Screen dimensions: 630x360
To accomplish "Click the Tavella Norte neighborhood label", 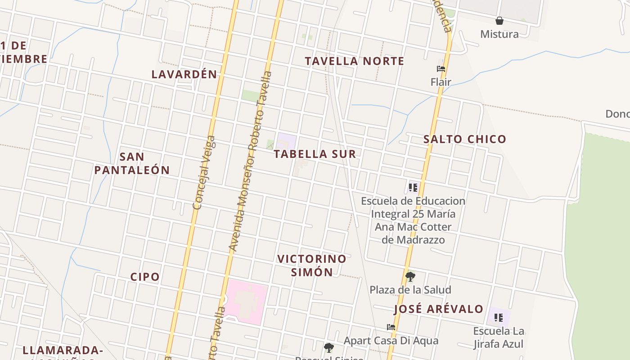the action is tap(354, 61).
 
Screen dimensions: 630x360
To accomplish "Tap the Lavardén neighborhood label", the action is tap(184, 74).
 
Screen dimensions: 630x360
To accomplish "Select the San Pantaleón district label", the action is tap(132, 163).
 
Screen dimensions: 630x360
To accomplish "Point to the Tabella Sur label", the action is tap(315, 154).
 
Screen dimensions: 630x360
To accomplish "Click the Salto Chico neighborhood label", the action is tap(465, 139).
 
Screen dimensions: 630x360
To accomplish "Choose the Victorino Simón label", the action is tap(312, 265).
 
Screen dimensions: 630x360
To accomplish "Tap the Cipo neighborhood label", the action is tap(145, 277).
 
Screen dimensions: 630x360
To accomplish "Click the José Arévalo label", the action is tap(439, 309).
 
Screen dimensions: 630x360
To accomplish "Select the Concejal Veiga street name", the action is tap(204, 173).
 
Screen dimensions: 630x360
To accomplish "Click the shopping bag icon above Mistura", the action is tap(499, 21).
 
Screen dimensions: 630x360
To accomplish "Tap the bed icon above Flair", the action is tap(441, 69).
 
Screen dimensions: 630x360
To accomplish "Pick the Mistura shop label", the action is tap(499, 34).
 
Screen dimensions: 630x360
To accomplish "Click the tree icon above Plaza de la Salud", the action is tap(410, 276).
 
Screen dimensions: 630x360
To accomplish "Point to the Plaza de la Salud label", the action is tap(410, 290).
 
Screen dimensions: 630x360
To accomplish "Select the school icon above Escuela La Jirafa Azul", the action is tap(498, 318).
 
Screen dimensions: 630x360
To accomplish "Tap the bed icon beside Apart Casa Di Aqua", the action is tap(391, 327).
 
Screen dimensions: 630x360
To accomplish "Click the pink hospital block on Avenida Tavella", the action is tap(247, 301).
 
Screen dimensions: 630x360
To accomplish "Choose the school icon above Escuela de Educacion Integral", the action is tap(413, 187).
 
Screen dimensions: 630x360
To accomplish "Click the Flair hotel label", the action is tap(441, 82).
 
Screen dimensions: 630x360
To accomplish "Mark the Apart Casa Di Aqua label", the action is tap(391, 341).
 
